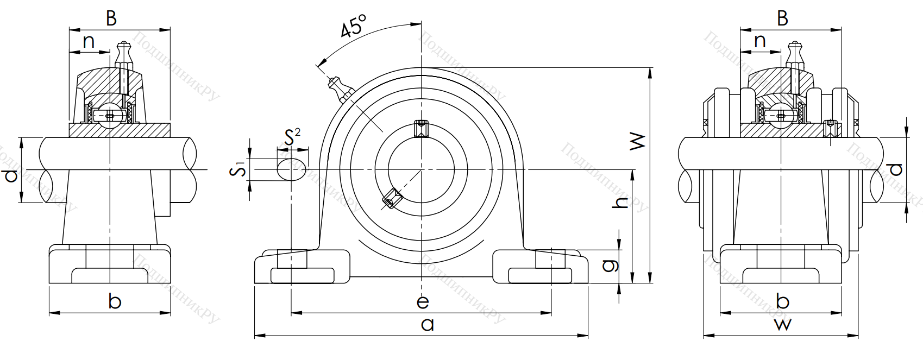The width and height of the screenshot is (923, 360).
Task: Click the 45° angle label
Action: pyautogui.click(x=354, y=26)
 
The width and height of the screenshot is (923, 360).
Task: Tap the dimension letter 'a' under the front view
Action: pyautogui.click(x=428, y=325)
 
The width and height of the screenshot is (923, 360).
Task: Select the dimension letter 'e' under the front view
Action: pyautogui.click(x=423, y=301)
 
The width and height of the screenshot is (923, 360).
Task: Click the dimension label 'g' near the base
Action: pyautogui.click(x=611, y=264)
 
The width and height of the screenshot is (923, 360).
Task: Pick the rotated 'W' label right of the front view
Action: pyautogui.click(x=637, y=141)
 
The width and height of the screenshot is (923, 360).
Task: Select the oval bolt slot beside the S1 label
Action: pyautogui.click(x=291, y=169)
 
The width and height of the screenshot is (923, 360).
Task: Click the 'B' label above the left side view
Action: pyautogui.click(x=111, y=18)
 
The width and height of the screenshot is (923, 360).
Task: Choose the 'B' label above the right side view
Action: pyautogui.click(x=782, y=18)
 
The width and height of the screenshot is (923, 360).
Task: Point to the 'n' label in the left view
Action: pyautogui.click(x=89, y=41)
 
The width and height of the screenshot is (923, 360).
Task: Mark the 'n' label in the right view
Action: pyautogui.click(x=760, y=41)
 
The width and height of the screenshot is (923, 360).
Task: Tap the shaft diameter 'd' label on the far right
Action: pyautogui.click(x=896, y=169)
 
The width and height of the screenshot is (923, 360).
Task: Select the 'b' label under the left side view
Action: pyautogui.click(x=115, y=301)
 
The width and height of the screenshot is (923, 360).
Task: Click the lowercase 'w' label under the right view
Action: pyautogui.click(x=783, y=325)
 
